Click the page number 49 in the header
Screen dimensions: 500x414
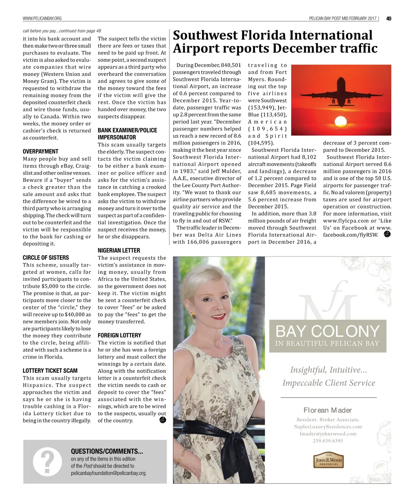[x=389, y=18]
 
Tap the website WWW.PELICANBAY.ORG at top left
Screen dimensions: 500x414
[x=42, y=18]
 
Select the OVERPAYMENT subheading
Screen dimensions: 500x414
[x=40, y=151]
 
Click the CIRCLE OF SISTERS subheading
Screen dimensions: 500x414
[x=46, y=258]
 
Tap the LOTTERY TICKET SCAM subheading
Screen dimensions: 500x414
[x=50, y=371]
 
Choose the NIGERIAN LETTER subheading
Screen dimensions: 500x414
[x=119, y=250]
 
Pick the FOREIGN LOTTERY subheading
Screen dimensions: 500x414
[x=119, y=335]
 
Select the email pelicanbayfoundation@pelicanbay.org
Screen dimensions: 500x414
[x=109, y=473]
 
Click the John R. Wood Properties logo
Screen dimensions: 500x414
[x=328, y=460]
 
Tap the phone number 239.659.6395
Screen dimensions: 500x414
[x=328, y=441]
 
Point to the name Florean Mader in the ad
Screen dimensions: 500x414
[x=328, y=410]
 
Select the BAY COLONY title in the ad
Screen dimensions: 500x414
[x=327, y=332]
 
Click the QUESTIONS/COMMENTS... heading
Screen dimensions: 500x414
[x=107, y=451]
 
